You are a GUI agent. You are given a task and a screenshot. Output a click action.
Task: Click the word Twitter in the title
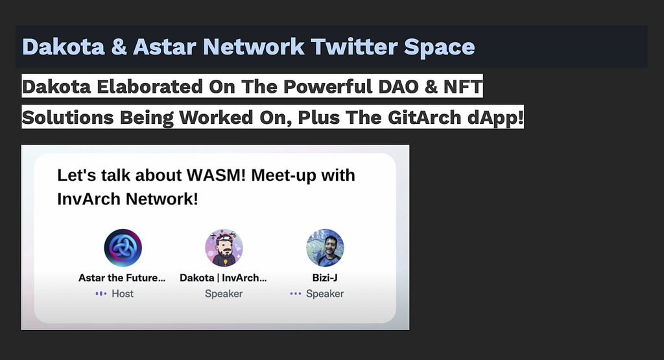click(x=354, y=47)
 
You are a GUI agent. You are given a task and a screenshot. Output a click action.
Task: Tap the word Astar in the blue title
click(x=165, y=47)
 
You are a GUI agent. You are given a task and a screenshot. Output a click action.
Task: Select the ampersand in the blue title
click(x=119, y=47)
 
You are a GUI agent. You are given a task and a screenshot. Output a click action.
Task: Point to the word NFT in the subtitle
click(x=463, y=87)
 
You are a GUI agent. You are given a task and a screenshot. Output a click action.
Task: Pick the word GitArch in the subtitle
click(x=424, y=118)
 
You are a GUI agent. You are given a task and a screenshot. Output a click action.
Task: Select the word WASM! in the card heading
click(x=217, y=175)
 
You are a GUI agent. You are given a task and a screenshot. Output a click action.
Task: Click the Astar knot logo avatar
click(x=123, y=248)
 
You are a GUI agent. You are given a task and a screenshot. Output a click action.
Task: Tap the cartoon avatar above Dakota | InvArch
click(x=224, y=248)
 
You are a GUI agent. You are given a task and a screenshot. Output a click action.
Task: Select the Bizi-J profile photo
click(x=326, y=248)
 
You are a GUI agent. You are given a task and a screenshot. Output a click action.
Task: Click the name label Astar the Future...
click(x=122, y=278)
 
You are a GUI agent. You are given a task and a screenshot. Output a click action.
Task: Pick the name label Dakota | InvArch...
click(x=223, y=278)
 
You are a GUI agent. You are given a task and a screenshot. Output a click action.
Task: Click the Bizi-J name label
click(x=325, y=278)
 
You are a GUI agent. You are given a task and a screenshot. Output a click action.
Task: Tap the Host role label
click(x=123, y=293)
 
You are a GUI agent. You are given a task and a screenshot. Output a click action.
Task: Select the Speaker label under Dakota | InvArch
click(x=224, y=293)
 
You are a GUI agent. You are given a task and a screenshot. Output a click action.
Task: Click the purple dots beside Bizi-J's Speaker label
click(x=296, y=293)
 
